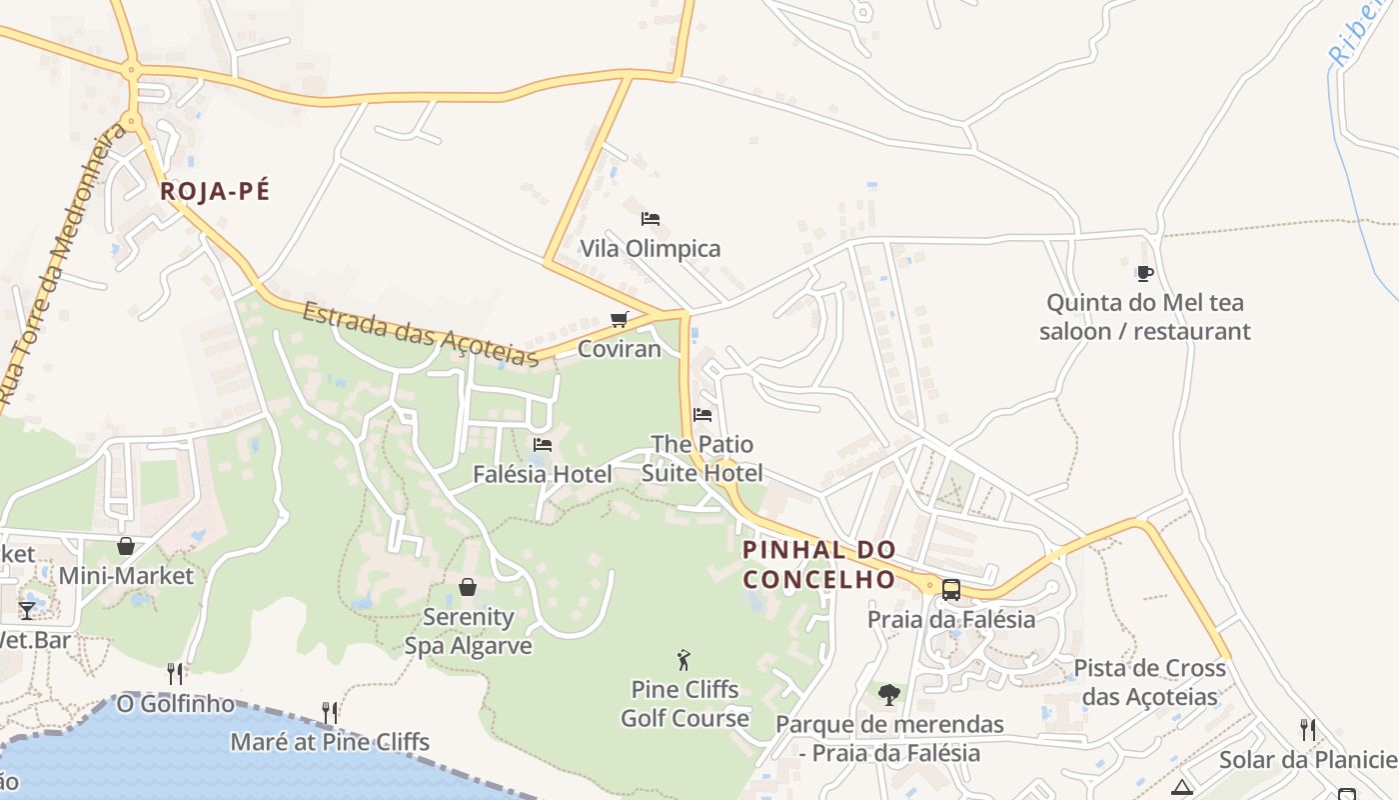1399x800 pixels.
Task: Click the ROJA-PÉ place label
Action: [215, 191]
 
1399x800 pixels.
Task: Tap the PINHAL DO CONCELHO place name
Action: [818, 565]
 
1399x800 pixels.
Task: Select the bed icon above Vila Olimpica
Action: [651, 218]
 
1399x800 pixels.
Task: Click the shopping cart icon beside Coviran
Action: [620, 320]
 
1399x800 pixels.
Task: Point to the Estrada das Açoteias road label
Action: [420, 334]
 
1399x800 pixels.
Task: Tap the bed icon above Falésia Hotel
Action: [543, 444]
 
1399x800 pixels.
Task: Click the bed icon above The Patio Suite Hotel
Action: [702, 414]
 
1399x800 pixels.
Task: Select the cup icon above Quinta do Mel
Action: [1145, 272]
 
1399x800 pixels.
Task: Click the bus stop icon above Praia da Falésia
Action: [951, 589]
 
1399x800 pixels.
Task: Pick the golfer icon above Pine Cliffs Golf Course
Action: [685, 660]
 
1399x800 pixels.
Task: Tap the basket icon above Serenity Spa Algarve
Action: [468, 587]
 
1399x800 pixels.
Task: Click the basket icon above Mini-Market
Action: [126, 546]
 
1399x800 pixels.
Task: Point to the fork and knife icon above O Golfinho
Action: [176, 673]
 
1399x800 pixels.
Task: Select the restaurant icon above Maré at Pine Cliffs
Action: [330, 712]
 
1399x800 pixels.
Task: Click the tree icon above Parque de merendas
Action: [889, 694]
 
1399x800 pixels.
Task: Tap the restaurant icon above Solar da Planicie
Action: [1307, 730]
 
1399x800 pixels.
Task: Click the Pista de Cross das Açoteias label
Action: [1149, 682]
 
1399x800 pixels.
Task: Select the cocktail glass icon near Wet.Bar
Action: [27, 610]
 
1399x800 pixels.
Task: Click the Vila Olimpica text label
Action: [651, 249]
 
